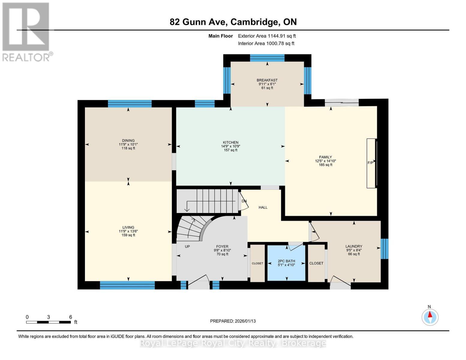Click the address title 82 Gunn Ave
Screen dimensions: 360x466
[233, 22]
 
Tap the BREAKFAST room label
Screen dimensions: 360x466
[267, 80]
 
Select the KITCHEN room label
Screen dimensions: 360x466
[230, 142]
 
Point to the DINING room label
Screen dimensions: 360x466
[128, 140]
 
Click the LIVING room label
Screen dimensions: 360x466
[128, 227]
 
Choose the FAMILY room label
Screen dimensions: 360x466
[325, 157]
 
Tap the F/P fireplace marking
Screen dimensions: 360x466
[370, 163]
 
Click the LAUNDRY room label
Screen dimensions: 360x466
[354, 246]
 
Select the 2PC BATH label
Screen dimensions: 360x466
[286, 261]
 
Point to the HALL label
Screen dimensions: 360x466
[263, 207]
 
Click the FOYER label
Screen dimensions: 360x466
[222, 247]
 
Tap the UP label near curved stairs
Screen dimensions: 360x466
[187, 247]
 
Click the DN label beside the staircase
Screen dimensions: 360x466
[244, 201]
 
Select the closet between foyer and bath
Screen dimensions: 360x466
[257, 263]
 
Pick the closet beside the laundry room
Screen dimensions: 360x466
[316, 263]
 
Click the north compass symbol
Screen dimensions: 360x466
[430, 317]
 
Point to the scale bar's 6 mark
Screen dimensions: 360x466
[71, 317]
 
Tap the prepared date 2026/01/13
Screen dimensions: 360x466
[233, 321]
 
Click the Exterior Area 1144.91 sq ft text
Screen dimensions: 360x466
[267, 36]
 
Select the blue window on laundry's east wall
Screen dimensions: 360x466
[384, 249]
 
